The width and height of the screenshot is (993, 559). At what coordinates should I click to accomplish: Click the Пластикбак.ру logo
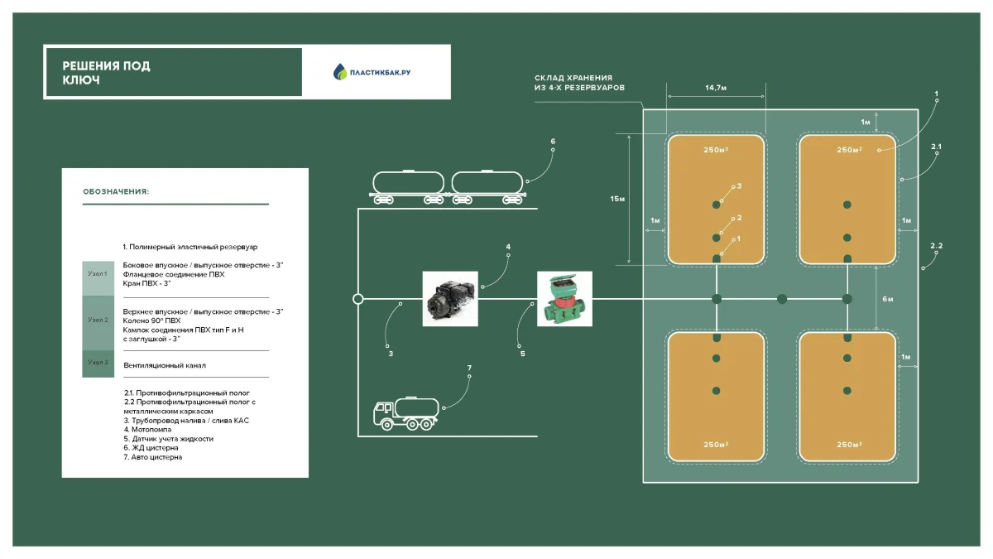click(372, 72)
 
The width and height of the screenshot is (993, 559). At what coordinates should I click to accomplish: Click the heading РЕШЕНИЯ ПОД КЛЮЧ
click(106, 73)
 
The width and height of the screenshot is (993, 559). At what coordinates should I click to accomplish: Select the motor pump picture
click(450, 299)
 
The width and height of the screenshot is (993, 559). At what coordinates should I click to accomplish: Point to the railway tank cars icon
click(448, 187)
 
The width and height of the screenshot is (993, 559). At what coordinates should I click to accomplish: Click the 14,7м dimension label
click(716, 86)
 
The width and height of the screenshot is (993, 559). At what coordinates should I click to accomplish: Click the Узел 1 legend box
click(98, 272)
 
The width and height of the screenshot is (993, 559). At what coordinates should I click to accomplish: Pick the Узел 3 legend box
click(98, 364)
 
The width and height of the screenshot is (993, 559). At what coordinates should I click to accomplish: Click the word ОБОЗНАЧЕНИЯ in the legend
click(116, 191)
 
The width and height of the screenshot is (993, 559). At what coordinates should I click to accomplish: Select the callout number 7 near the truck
click(469, 367)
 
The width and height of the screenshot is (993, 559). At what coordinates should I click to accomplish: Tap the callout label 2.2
click(936, 247)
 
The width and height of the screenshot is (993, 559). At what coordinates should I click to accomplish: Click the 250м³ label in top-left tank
click(716, 150)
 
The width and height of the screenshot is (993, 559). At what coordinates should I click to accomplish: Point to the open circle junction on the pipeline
click(357, 299)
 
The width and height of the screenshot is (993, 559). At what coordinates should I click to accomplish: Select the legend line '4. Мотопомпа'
click(151, 429)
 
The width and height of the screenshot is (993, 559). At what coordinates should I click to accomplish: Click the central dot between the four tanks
click(781, 299)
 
